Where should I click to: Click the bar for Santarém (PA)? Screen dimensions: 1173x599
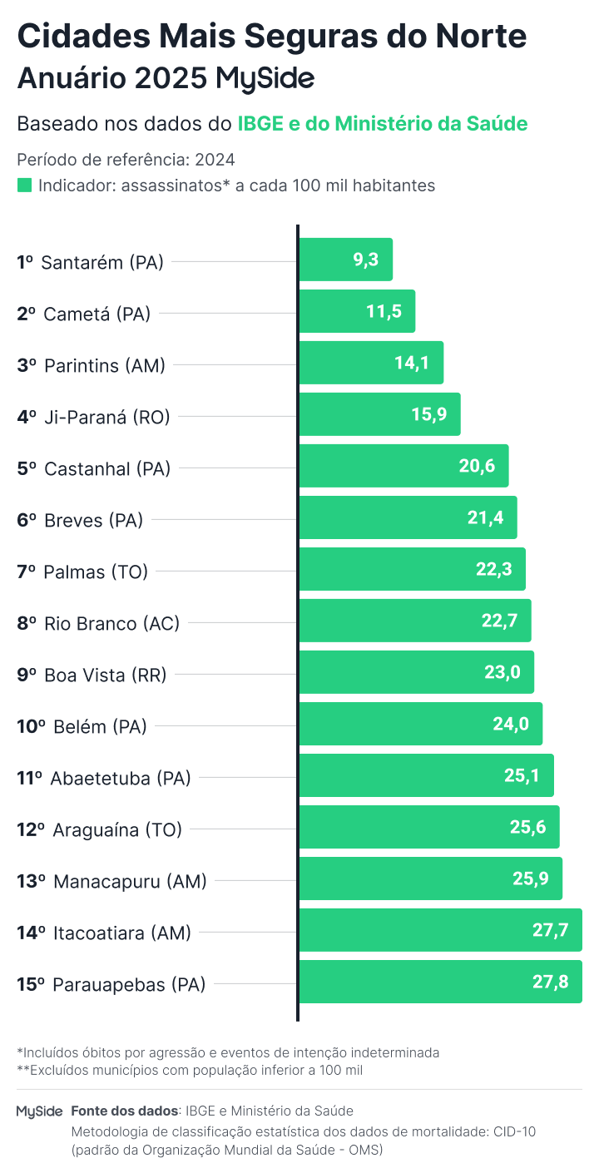click(345, 260)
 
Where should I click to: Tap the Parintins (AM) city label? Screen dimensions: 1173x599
click(104, 365)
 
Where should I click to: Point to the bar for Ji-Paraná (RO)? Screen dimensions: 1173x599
click(379, 414)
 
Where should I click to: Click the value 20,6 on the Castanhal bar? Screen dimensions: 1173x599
click(477, 466)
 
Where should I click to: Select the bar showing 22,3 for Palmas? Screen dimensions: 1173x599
click(412, 569)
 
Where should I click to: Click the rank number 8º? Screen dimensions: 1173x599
click(27, 623)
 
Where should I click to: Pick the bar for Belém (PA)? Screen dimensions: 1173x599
click(420, 724)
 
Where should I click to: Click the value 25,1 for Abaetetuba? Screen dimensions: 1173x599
click(522, 775)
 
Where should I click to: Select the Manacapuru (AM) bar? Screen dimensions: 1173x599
click(430, 879)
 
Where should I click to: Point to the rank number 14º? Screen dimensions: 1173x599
click(31, 933)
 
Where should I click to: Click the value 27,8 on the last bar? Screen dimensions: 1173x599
click(551, 982)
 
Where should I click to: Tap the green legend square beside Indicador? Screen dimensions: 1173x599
click(24, 186)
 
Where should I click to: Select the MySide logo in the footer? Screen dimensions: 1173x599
click(39, 1111)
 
